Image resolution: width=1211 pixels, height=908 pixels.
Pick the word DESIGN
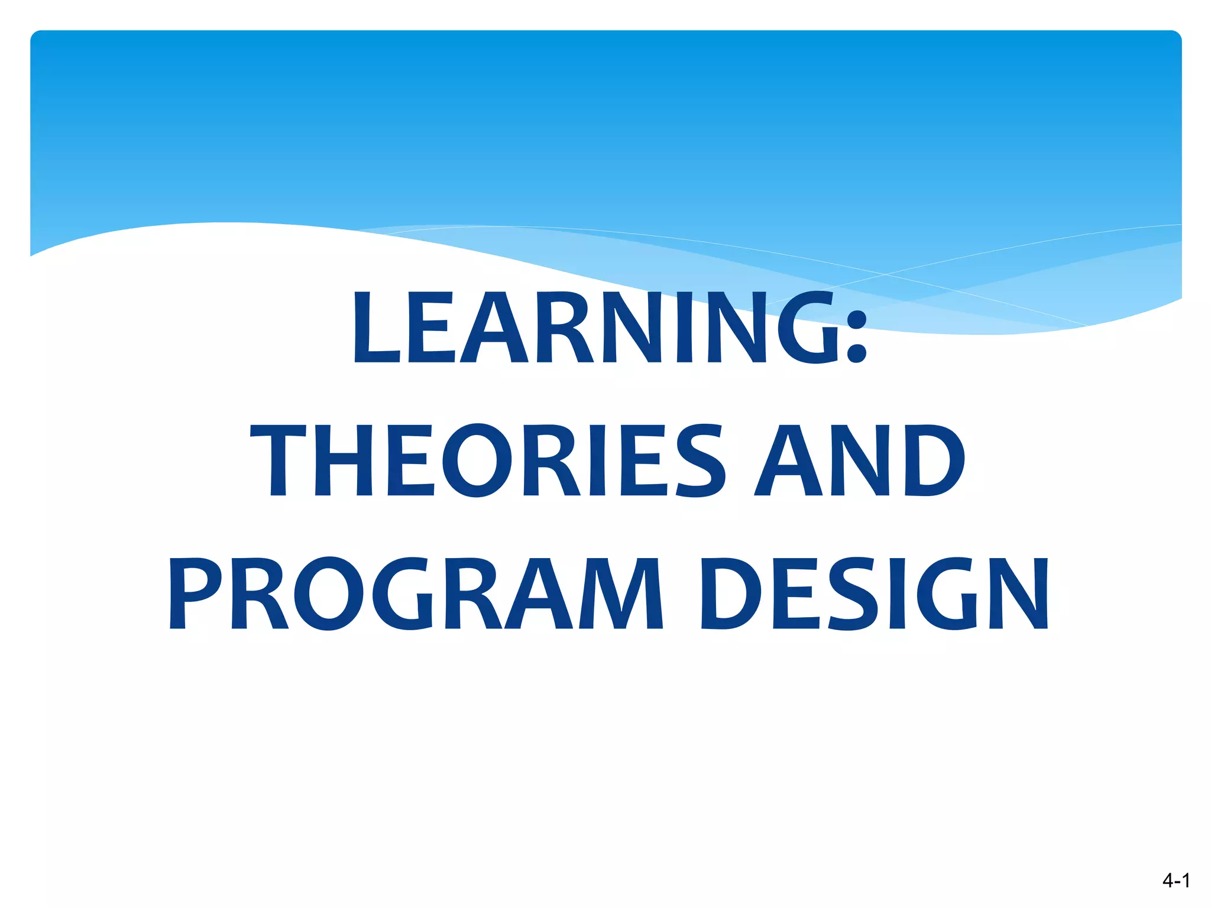pos(874,594)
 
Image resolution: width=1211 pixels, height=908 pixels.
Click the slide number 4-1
pos(1176,880)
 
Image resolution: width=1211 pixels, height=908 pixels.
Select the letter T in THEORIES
pos(278,461)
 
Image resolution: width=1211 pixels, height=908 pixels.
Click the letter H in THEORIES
pos(344,461)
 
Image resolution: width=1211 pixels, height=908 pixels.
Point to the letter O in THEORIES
pos(477,461)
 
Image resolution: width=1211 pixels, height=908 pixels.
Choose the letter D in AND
pos(933,461)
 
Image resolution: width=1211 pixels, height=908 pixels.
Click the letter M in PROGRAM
pos(621,594)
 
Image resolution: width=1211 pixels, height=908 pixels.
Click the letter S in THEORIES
pos(700,461)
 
